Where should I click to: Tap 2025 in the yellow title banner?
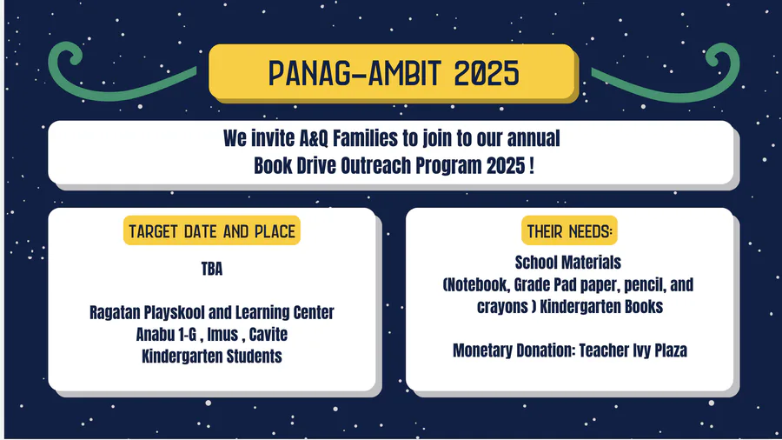[x=487, y=73]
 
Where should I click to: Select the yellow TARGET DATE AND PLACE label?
[x=212, y=230]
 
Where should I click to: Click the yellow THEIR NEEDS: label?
[x=569, y=230]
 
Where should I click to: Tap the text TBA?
[x=212, y=269]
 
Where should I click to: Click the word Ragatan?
[x=115, y=313]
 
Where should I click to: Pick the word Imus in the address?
[x=222, y=334]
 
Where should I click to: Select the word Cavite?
[x=268, y=334]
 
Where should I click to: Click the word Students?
[x=255, y=357]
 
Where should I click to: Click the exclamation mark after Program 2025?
[x=532, y=165]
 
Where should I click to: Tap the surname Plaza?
[x=670, y=350]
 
